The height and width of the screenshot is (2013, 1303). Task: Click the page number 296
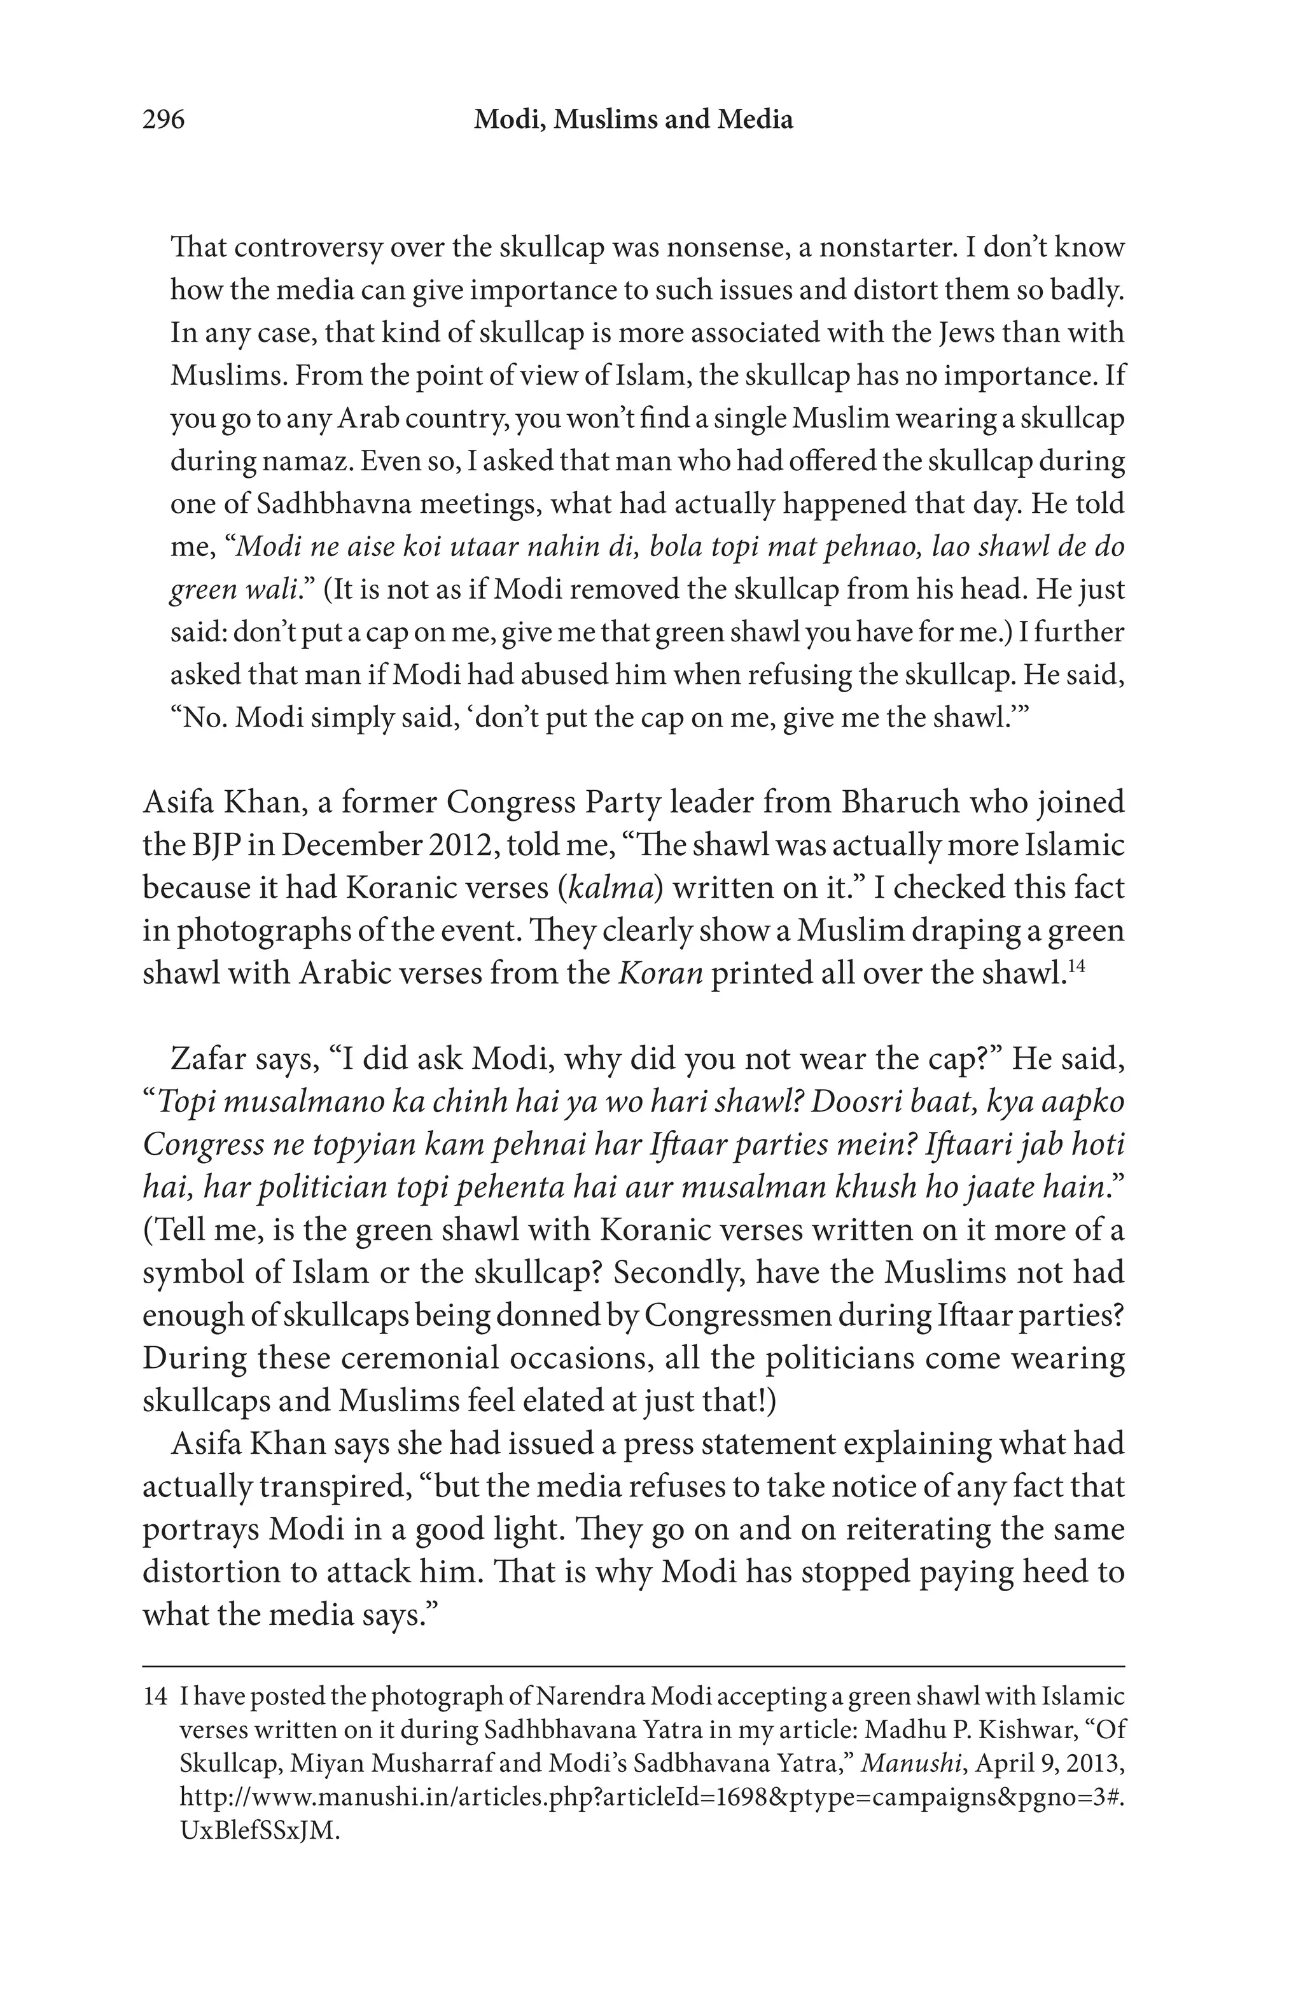click(x=163, y=120)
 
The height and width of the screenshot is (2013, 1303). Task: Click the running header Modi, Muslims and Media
click(x=633, y=120)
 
